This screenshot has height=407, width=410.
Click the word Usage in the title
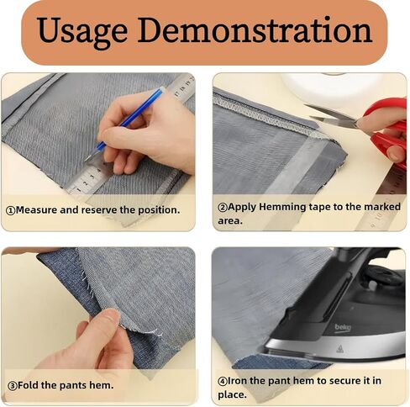pos(82,31)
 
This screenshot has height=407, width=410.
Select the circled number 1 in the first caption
pos(10,210)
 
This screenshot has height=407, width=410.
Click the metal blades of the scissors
pos(330,115)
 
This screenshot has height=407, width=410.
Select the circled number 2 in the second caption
pos(223,208)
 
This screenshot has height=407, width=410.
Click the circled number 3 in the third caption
pos(13,386)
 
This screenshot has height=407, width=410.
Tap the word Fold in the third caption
pos(28,385)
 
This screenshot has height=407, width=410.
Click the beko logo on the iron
pos(343,327)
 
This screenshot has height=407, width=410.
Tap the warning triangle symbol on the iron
pos(340,349)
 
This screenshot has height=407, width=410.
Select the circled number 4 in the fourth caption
pos(223,382)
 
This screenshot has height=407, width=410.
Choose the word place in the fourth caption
pos(232,394)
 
